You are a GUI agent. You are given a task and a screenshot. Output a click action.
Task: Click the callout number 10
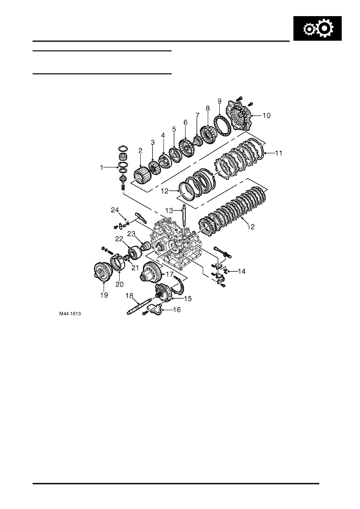[266, 116]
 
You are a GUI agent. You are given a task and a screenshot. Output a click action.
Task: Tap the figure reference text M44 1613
[70, 314]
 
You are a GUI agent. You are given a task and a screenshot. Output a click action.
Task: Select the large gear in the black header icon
[324, 28]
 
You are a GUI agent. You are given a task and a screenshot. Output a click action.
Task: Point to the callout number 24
[115, 210]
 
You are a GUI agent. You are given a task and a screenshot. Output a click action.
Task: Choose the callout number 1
[102, 168]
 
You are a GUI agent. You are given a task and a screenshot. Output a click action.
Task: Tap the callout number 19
[104, 295]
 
